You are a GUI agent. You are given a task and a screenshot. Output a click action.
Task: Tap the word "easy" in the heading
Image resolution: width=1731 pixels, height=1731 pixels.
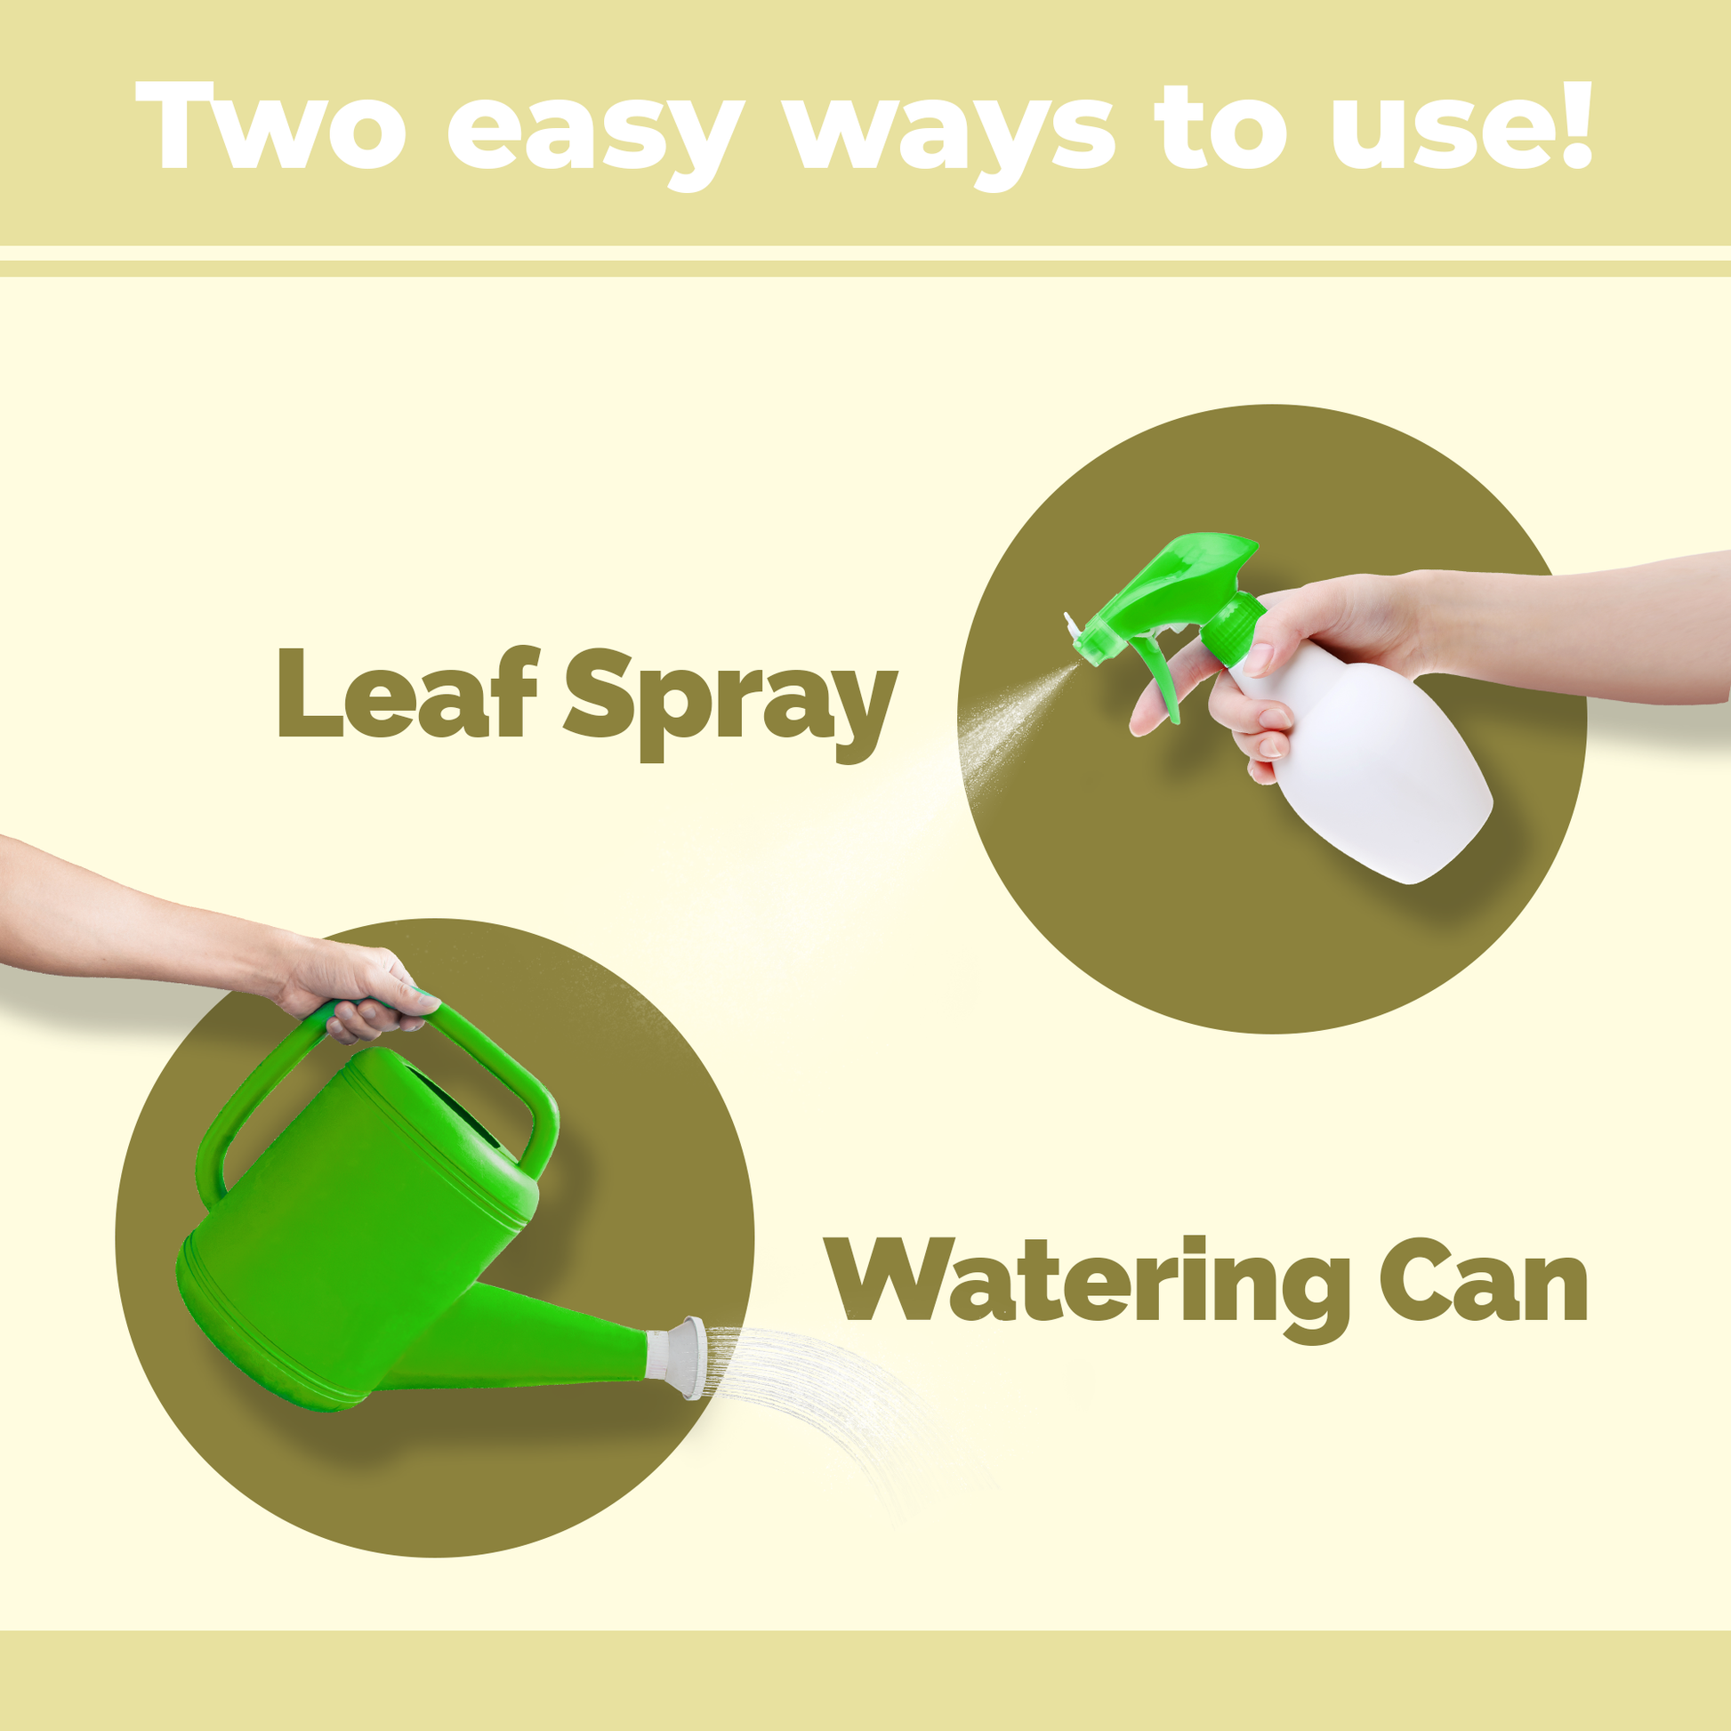click(595, 137)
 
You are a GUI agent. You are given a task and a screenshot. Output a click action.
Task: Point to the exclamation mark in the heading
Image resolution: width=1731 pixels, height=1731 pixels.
click(1574, 125)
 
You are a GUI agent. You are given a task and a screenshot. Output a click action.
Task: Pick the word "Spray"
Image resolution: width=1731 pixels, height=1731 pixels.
click(730, 704)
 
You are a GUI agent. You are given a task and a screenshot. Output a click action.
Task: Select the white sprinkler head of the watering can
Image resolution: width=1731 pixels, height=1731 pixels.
click(683, 1358)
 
